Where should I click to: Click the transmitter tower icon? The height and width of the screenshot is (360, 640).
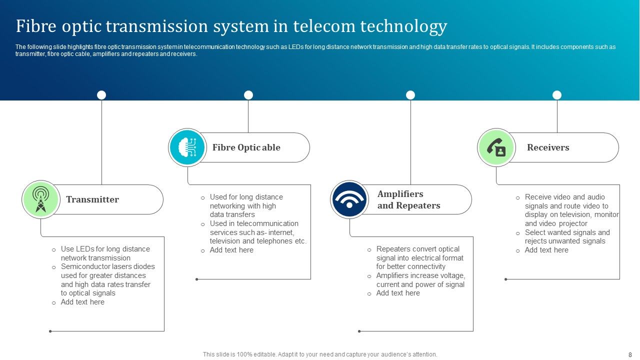(41, 199)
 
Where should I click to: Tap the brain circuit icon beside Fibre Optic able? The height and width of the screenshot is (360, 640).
(187, 147)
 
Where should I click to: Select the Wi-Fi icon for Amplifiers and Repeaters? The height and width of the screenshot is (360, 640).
(349, 199)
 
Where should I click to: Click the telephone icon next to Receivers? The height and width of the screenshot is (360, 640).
(496, 147)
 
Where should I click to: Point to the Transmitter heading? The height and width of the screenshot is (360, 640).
(92, 199)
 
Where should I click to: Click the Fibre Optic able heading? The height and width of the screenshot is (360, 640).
(246, 147)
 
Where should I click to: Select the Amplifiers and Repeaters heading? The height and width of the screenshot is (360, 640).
(408, 199)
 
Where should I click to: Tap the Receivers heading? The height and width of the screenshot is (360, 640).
(548, 147)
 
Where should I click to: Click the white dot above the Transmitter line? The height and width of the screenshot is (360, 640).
(101, 95)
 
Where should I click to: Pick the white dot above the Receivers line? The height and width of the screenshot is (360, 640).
(557, 95)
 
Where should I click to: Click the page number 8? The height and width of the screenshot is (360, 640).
(630, 354)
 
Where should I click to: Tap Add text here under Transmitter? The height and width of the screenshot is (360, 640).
(82, 302)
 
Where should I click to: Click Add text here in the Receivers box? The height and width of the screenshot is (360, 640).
(546, 250)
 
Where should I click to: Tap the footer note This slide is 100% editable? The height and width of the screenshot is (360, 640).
(320, 354)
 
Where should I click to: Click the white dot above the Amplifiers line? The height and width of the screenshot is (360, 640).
(410, 95)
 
